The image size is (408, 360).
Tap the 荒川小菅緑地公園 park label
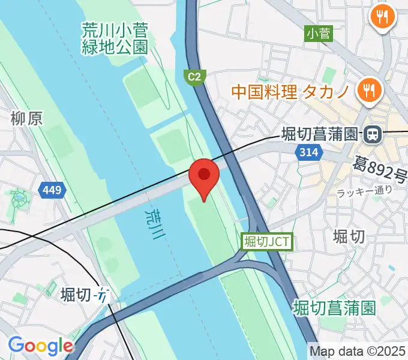click(x=115, y=39)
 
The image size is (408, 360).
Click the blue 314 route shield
click(x=307, y=152)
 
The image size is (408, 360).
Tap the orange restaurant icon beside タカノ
click(x=367, y=91)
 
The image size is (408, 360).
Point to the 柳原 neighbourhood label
click(x=27, y=119)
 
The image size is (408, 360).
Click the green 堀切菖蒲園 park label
click(x=335, y=308)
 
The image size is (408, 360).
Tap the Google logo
click(x=40, y=346)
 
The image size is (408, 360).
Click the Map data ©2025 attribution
click(x=357, y=351)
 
